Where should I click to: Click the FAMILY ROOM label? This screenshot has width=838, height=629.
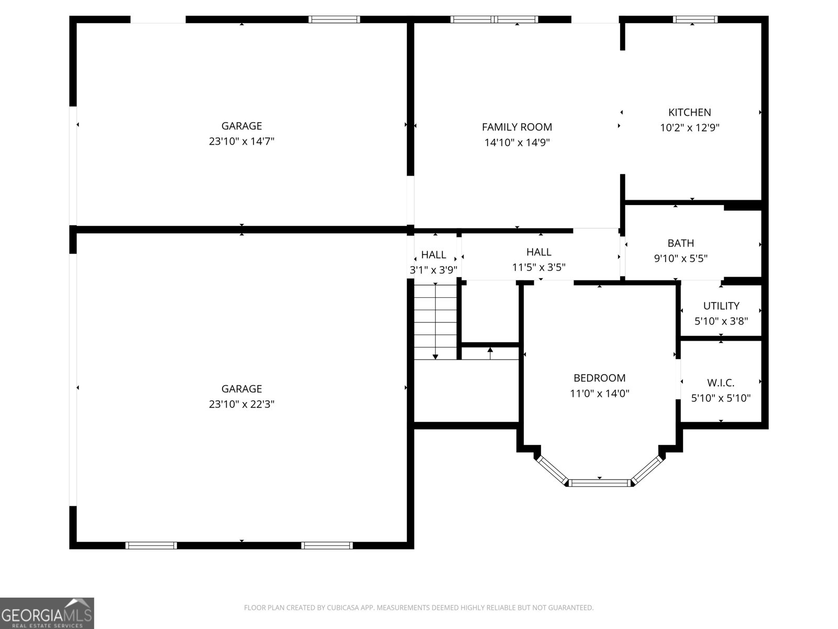(516, 127)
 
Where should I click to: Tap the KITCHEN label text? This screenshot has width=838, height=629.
(689, 112)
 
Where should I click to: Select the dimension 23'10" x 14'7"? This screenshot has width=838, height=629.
(241, 142)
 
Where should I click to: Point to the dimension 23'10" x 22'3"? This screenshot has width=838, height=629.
(241, 404)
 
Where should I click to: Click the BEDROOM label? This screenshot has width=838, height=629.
(599, 378)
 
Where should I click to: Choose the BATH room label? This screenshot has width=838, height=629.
(681, 243)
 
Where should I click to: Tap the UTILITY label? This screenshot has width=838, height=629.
(721, 306)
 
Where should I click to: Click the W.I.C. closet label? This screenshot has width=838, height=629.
(721, 383)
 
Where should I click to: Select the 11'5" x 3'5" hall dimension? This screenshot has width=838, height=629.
(539, 267)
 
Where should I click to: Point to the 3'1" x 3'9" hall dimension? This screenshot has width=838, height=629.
(433, 270)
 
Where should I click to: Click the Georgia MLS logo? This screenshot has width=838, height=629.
(47, 613)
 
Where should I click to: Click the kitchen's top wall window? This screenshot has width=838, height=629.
(695, 19)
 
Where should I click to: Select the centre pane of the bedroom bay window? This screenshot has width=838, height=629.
(599, 483)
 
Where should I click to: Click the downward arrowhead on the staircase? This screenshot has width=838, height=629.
(435, 357)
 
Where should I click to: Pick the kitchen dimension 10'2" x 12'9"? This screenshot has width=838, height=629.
(689, 127)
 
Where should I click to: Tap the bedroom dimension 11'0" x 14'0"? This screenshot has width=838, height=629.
(599, 393)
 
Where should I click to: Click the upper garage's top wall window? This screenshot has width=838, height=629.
(334, 19)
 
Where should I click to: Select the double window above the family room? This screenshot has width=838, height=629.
(494, 19)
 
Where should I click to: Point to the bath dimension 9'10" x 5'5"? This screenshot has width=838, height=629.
(681, 258)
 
